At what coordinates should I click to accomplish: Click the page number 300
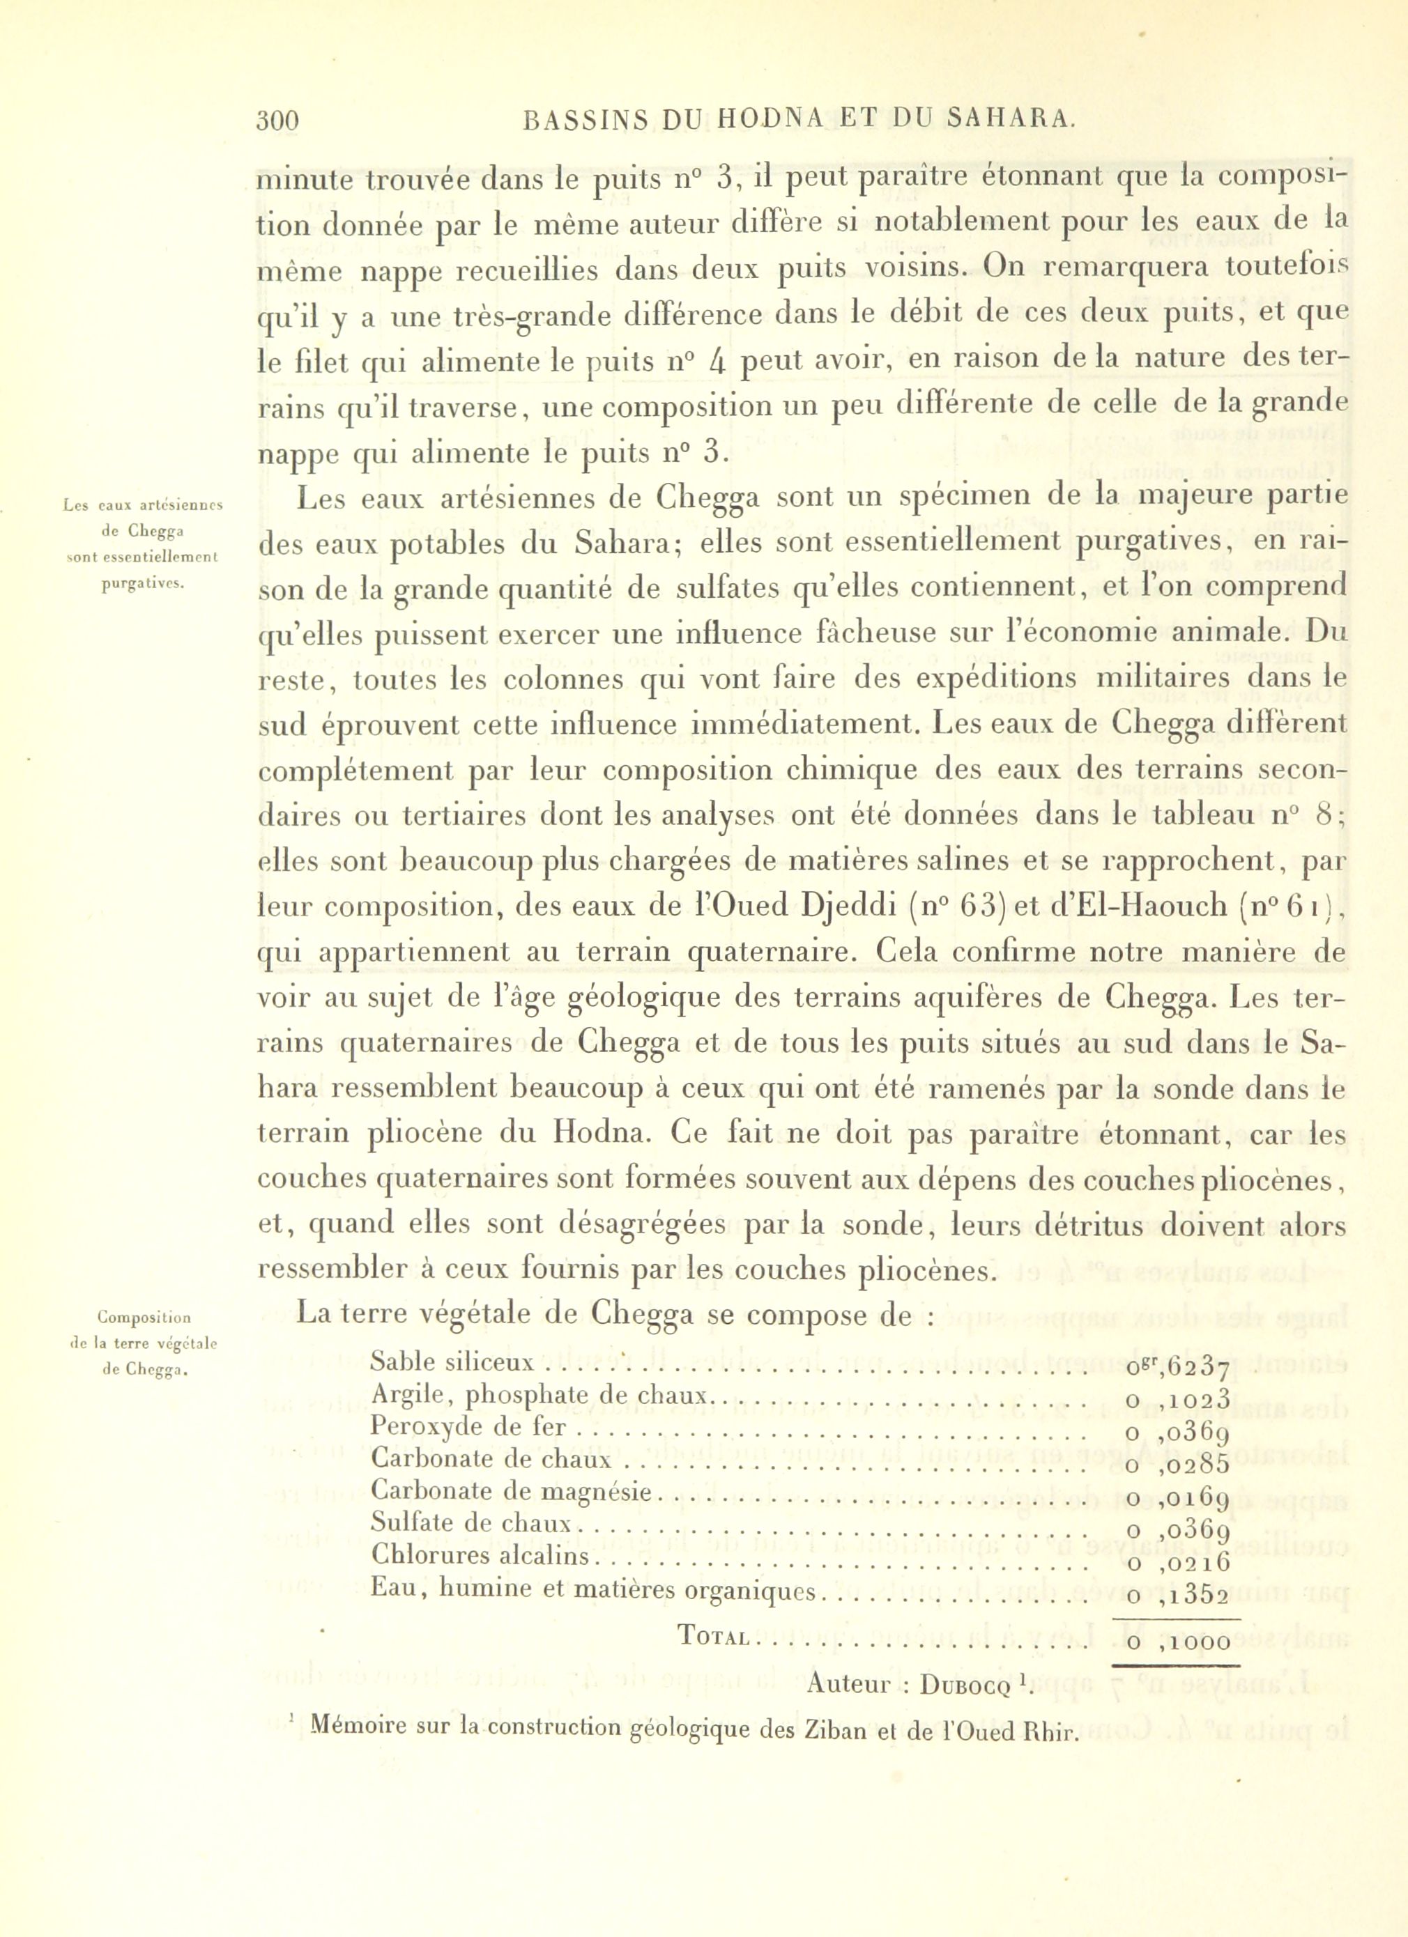pos(277,121)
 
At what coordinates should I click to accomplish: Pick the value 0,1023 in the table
pos(1178,1399)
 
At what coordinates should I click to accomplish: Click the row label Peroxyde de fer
pos(468,1427)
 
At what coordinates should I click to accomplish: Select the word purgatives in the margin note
pos(144,584)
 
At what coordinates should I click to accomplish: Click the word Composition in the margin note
pos(144,1317)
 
